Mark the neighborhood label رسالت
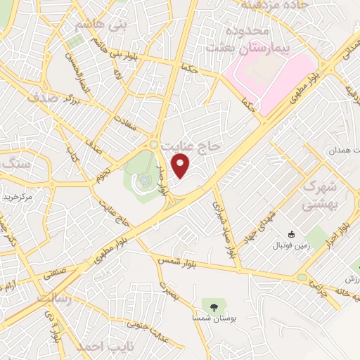(53, 300)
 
